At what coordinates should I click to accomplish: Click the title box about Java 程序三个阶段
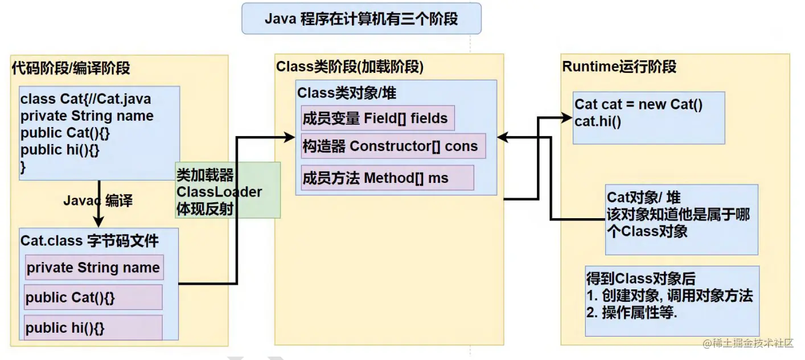pos(362,19)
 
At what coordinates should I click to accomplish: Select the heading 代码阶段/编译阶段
pos(71,68)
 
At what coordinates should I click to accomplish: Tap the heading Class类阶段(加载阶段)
pos(350,67)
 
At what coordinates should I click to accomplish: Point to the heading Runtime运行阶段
pos(619,67)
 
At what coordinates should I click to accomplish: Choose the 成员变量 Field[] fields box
pos(376,118)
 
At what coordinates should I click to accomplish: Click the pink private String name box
pos(94,268)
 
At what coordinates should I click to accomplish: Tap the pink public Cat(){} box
pos(93,297)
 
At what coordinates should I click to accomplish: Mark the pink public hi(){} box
pos(93,328)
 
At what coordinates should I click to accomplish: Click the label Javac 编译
pos(98,201)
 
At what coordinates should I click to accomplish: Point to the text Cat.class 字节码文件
pos(89,240)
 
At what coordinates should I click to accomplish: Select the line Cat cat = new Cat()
pos(639,104)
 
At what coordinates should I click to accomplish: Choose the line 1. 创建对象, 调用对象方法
pos(670,296)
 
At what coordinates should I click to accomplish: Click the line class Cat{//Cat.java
pos(86,99)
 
